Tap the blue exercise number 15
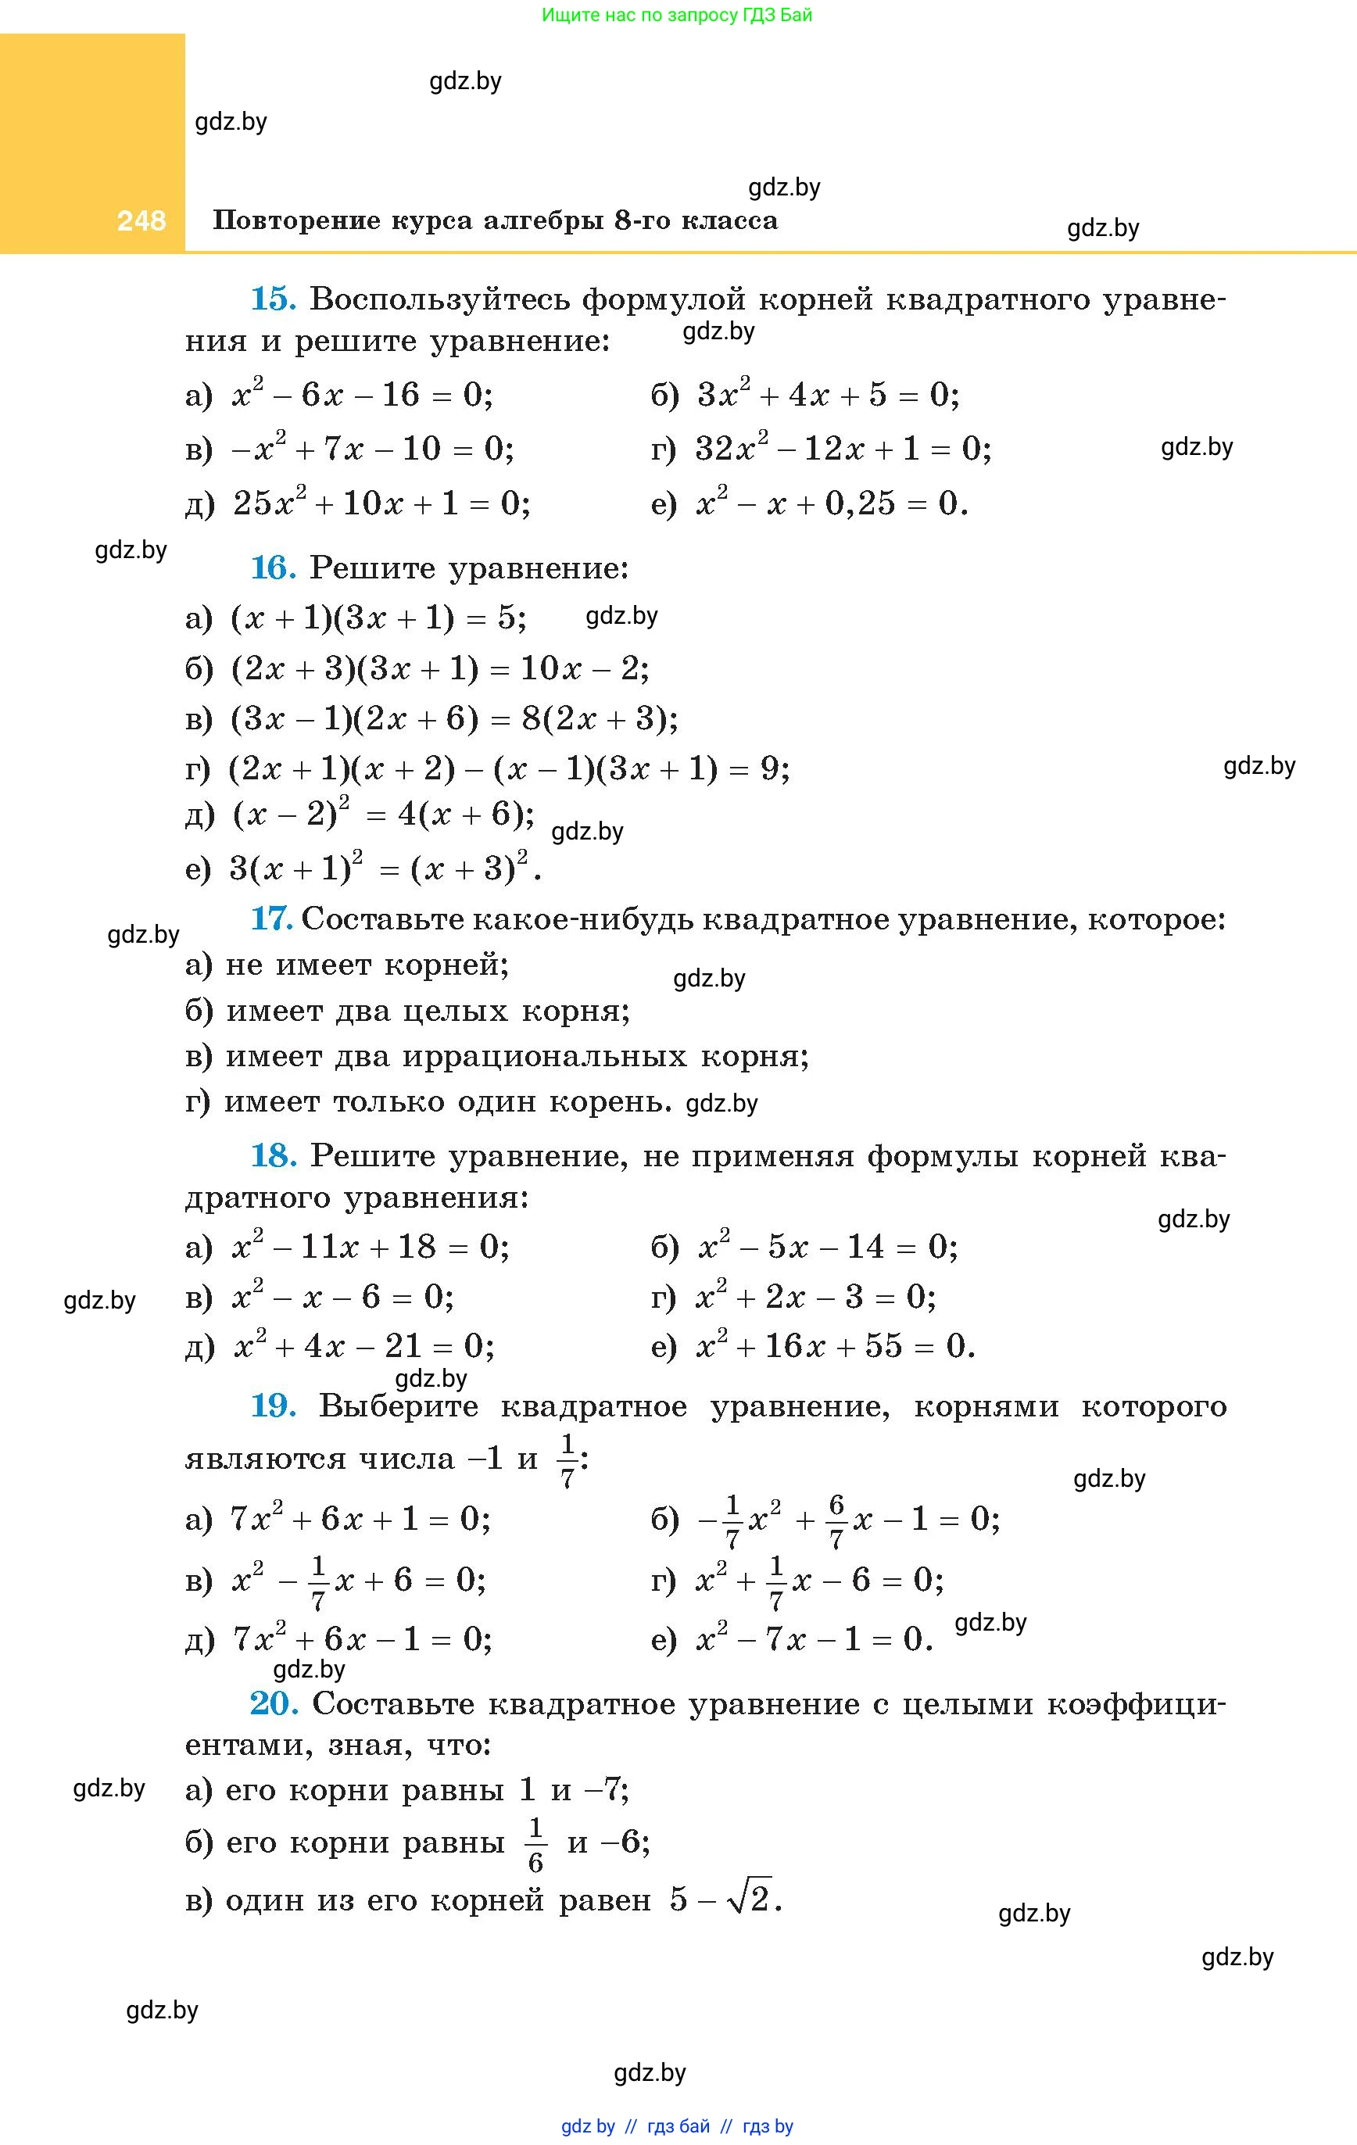pos(273,299)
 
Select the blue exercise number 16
pos(273,568)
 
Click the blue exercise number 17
pos(271,919)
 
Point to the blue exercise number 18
pos(273,1155)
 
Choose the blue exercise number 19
pos(273,1406)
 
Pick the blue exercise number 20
pos(273,1703)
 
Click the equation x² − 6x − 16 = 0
pos(362,394)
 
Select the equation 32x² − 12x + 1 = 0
pos(843,448)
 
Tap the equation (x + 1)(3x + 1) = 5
pos(378,618)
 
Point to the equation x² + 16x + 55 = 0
pos(835,1345)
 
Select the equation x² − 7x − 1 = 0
pos(814,1638)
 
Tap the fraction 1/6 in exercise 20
pos(535,1845)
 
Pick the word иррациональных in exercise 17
pos(544,1055)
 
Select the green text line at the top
pos(677,15)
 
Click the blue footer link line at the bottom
pos(677,2126)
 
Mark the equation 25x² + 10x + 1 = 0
pos(381,504)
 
